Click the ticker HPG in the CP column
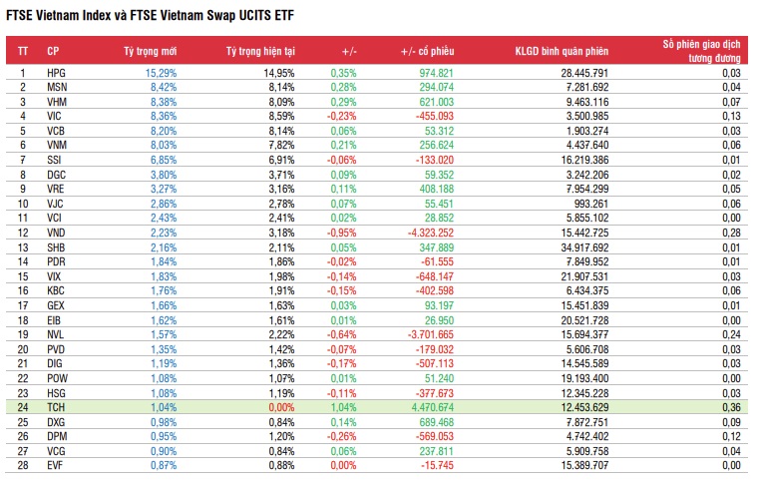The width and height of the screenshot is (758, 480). tap(56, 73)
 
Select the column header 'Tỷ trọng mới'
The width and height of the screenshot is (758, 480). tap(150, 50)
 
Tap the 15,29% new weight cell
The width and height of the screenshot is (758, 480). tap(161, 73)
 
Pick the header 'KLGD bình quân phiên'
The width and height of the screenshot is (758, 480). tap(562, 50)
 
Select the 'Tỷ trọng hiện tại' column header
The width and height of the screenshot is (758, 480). tap(258, 50)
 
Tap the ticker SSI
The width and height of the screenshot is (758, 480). tap(55, 160)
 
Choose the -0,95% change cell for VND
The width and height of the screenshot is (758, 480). tap(341, 232)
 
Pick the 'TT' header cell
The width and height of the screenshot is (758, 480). tap(23, 50)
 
